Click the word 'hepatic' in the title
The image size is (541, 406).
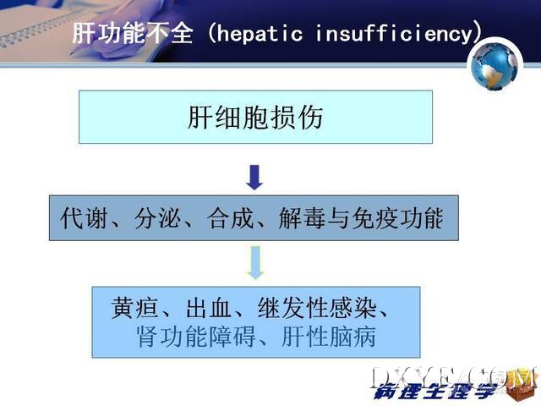pos(260,34)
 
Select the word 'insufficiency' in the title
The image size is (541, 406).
pos(394,34)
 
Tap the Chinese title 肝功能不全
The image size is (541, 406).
pos(133,33)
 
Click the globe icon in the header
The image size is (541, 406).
pos(495,66)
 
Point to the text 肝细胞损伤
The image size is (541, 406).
pos(255,118)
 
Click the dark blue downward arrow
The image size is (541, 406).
pos(254,178)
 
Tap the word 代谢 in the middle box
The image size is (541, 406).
pos(83,218)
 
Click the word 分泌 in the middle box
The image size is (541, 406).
pos(157,218)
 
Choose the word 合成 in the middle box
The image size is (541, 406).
pos(230,218)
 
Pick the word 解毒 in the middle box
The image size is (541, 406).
pos(302,218)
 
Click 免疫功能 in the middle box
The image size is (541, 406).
pos(397,218)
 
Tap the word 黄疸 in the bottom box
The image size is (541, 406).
pos(135,307)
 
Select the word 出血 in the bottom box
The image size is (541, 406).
pos(209,307)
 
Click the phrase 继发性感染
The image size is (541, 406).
pos(317,307)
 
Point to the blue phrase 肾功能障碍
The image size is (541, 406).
pos(196,336)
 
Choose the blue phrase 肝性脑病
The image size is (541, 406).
pos(329,336)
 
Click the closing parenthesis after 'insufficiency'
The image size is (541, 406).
pos(477,33)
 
